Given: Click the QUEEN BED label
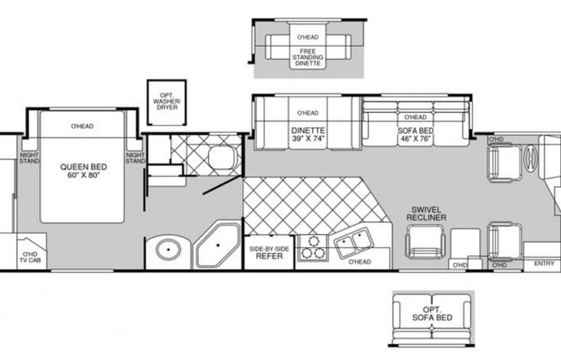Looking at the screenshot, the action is click(84, 170).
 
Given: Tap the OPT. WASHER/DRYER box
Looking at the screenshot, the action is click(167, 102).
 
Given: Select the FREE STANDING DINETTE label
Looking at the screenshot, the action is click(308, 58).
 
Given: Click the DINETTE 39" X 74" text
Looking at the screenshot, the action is click(308, 134).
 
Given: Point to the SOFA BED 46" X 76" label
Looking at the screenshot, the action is click(415, 135).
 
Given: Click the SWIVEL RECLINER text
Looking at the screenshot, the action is click(426, 213).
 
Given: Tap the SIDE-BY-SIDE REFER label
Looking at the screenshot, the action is click(269, 253).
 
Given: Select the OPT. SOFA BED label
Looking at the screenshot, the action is click(432, 313).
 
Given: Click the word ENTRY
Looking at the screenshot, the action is click(544, 263).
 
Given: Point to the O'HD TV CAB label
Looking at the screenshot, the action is click(30, 257).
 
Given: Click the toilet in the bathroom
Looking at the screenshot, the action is click(221, 157).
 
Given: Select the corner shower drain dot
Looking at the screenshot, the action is click(217, 246).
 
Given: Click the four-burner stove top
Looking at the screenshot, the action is click(313, 247).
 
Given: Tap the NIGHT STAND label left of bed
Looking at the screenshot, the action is click(29, 158).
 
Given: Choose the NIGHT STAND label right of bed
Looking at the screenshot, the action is click(135, 158).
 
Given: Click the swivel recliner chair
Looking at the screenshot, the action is click(425, 242).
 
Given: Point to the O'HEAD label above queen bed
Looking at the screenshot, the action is click(82, 126).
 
